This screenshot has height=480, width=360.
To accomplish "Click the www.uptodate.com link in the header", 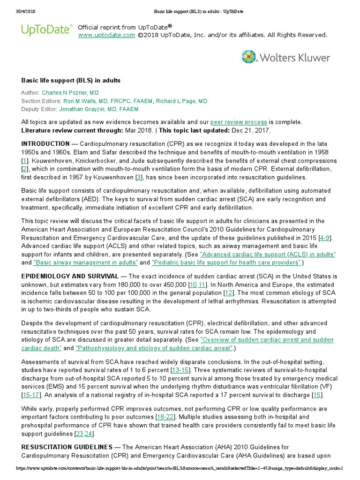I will [x=103, y=35].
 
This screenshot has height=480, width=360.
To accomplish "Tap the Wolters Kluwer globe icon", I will [x=249, y=57].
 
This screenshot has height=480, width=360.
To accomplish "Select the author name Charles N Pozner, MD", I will [x=70, y=93].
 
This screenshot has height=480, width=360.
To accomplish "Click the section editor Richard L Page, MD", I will [x=181, y=101].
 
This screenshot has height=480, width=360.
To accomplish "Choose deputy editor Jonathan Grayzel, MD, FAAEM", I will [x=99, y=109].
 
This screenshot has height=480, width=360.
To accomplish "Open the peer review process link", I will [x=239, y=122].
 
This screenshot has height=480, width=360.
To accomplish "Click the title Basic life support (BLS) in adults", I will [x=71, y=81].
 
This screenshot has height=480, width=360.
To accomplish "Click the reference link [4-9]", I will [x=324, y=238].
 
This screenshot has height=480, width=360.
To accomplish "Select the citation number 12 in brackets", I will [x=229, y=292].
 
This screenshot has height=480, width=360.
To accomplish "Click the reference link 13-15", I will [x=180, y=370].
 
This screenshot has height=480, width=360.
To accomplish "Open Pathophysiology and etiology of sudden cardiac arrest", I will [x=154, y=348].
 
